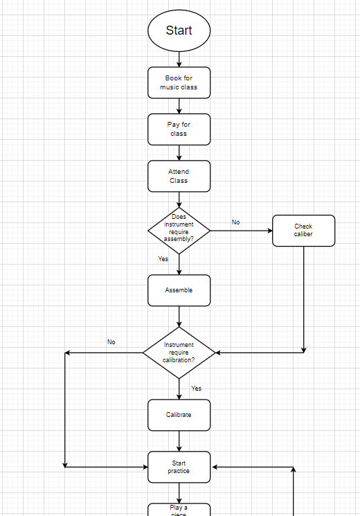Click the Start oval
point(179,30)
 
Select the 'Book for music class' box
point(179,82)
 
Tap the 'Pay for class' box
point(179,129)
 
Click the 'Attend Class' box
point(179,176)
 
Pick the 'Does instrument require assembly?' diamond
point(179,230)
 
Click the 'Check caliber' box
point(303,230)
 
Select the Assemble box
point(179,290)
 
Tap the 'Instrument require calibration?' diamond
point(179,353)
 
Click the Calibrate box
point(179,415)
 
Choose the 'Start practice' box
point(179,467)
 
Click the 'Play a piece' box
point(179,510)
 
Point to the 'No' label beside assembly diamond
point(235,222)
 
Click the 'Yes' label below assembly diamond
point(163,259)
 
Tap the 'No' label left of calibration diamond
point(111,342)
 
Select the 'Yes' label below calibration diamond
point(197,389)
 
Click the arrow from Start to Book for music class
point(179,59)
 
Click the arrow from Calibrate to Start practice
point(179,441)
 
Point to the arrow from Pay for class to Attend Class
point(179,152)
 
